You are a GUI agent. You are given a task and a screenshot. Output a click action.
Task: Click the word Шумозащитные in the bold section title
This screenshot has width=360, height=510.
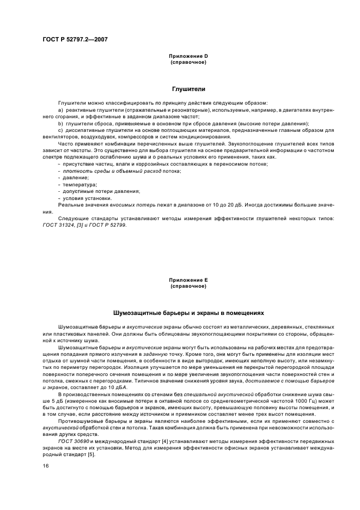click(x=137, y=314)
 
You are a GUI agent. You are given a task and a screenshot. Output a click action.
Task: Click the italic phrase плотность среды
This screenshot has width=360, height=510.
click(x=82, y=171)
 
